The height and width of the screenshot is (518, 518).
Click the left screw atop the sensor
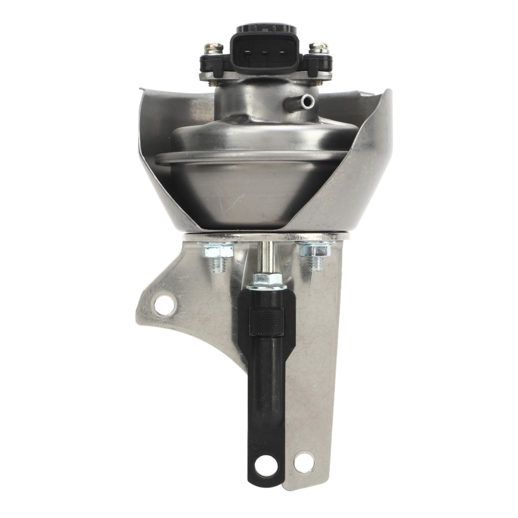coord(212,48)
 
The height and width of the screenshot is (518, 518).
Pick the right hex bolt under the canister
coord(313,250)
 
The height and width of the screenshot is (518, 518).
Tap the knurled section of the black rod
coord(267,321)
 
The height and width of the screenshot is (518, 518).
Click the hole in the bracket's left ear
coord(165,305)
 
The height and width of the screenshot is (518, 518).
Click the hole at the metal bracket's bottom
coord(304,462)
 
